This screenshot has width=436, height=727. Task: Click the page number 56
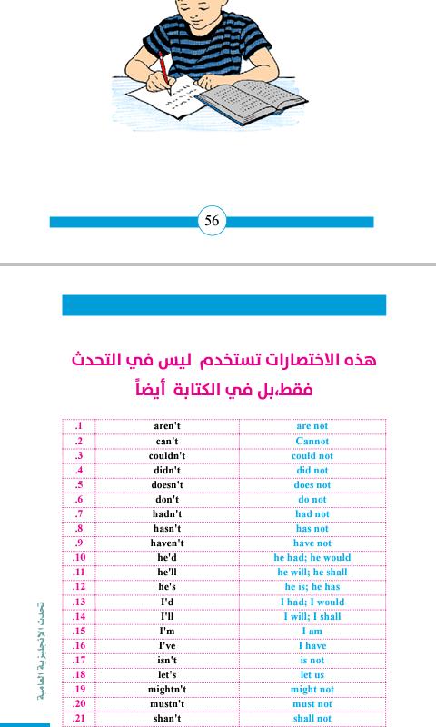(212, 222)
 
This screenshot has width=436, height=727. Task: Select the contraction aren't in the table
(167, 426)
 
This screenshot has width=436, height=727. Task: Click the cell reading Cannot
(312, 441)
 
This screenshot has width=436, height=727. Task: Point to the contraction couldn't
(167, 455)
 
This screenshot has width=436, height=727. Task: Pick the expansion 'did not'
(312, 470)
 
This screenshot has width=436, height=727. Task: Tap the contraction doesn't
(167, 484)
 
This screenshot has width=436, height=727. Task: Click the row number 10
(79, 557)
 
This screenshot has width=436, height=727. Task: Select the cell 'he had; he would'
(312, 557)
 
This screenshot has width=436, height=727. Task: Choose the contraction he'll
(167, 572)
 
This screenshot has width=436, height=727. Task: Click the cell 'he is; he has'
(312, 586)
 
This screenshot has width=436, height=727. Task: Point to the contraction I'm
(167, 631)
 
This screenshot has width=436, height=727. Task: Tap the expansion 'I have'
(312, 645)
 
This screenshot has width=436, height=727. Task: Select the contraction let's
(167, 674)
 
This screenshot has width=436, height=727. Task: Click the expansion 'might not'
(312, 689)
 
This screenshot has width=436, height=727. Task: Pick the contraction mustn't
(167, 703)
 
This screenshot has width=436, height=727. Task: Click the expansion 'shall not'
(312, 718)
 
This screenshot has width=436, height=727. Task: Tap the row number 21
(79, 718)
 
